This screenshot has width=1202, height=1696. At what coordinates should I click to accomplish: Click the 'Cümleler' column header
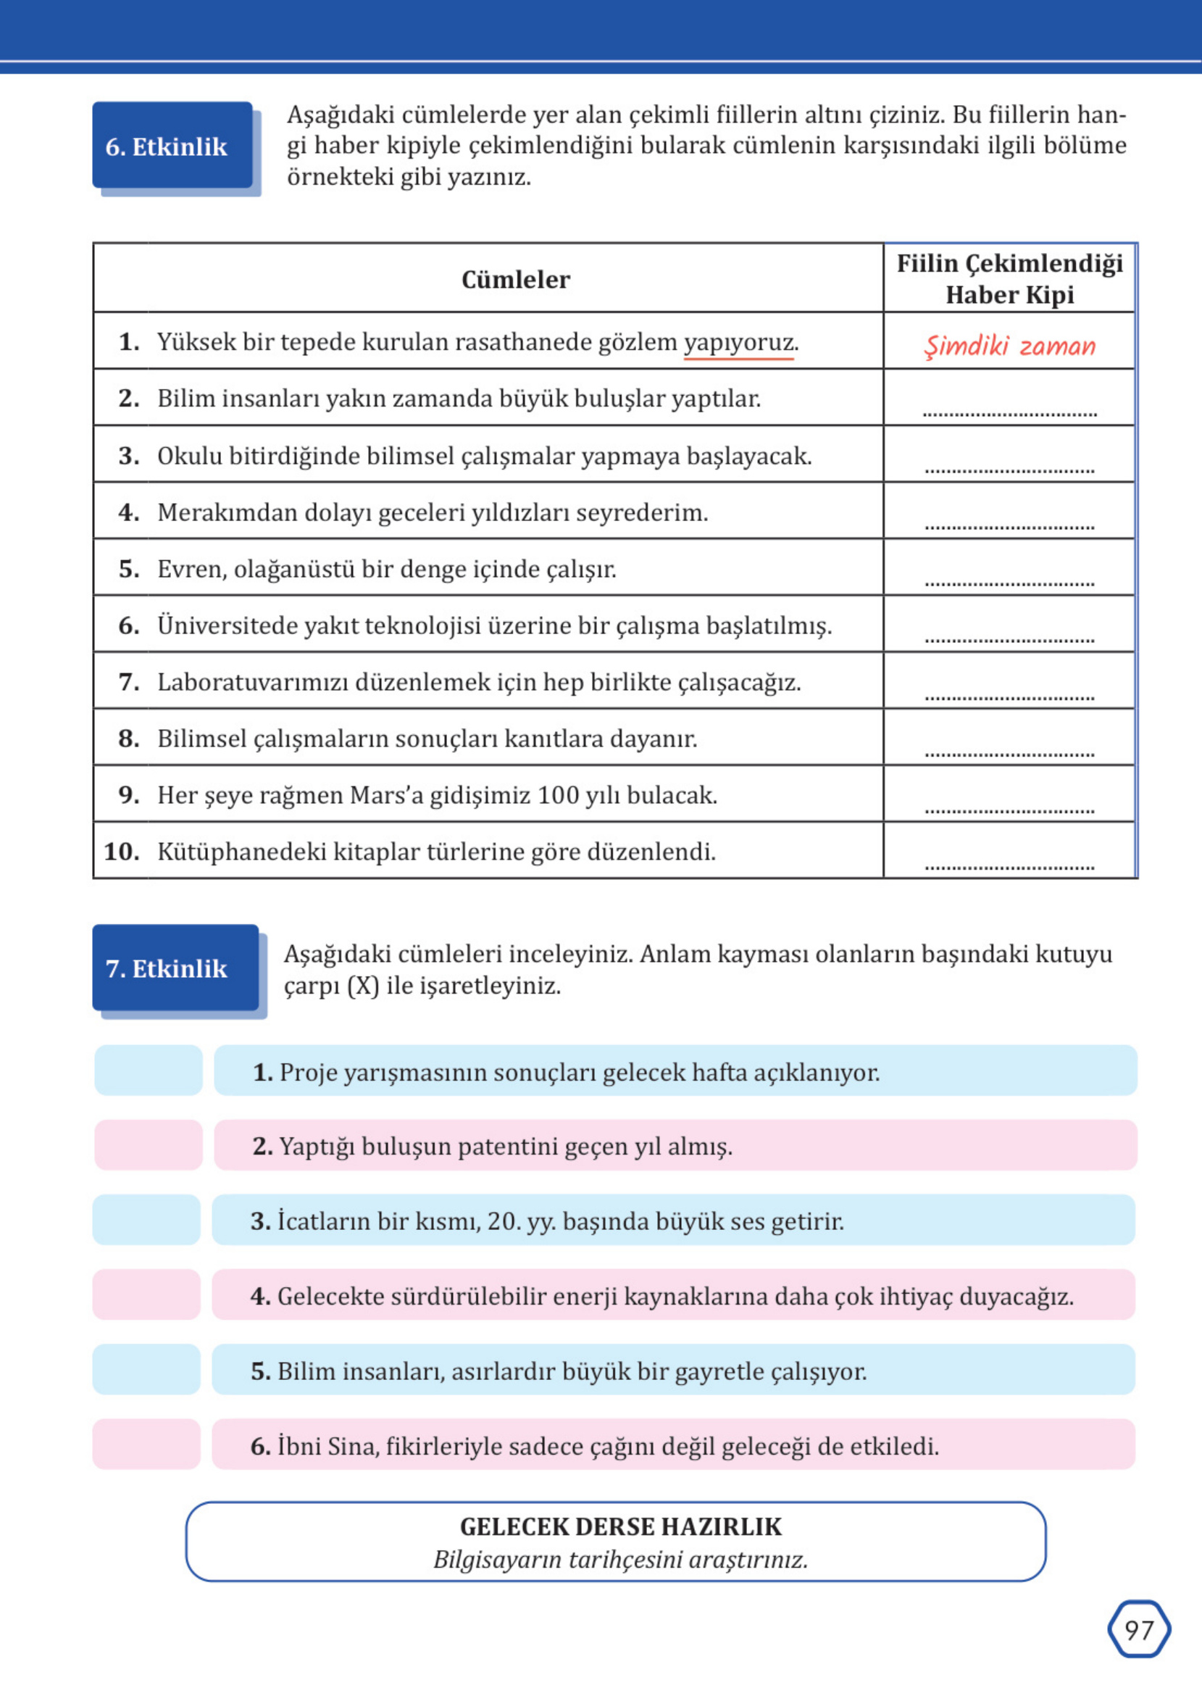515,279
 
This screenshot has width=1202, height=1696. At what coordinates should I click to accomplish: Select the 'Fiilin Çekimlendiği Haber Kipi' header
1009,278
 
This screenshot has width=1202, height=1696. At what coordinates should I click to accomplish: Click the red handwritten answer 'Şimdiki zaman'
1009,346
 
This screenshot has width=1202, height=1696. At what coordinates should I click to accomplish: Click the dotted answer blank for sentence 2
1009,412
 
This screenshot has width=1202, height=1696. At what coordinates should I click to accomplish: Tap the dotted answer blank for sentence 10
1009,865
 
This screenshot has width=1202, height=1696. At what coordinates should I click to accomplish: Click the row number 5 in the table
129,568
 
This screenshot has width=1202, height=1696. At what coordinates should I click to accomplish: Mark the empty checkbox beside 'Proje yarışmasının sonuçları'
148,1070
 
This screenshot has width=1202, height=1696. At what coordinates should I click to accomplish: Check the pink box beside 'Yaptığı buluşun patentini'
148,1144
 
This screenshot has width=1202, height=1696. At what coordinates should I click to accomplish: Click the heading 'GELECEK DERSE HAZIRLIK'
620,1526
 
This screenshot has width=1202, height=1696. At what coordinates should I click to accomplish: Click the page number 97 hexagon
1138,1629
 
